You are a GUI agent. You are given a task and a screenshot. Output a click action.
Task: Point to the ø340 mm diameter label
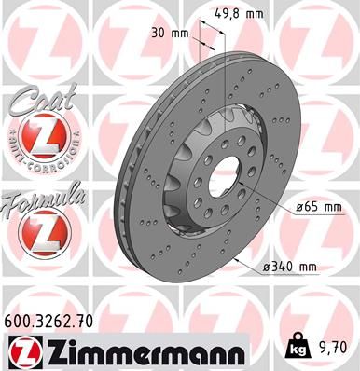(x=290, y=268)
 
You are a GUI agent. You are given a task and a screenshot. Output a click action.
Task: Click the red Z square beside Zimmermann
(x=20, y=352)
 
